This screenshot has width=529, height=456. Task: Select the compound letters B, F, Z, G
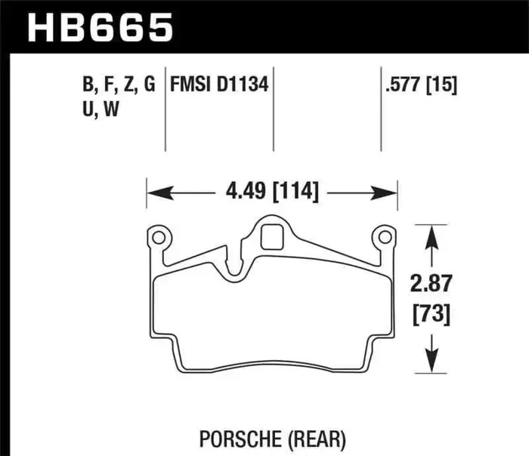click(119, 85)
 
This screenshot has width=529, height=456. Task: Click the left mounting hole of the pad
click(158, 239)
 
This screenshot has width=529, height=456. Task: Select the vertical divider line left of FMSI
click(166, 113)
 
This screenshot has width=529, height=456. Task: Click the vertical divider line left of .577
click(380, 113)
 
